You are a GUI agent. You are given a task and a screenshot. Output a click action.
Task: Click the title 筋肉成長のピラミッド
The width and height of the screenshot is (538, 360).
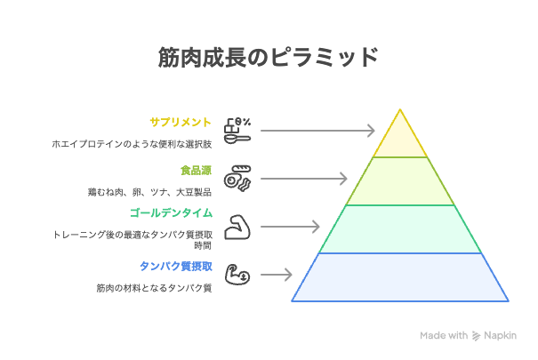(x=268, y=57)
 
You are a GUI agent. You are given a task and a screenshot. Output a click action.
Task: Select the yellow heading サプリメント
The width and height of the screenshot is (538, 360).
(x=181, y=122)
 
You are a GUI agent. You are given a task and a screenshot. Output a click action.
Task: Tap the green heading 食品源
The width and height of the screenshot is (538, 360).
(x=196, y=171)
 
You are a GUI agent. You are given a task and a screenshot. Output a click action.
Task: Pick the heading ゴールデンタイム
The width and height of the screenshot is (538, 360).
(x=171, y=213)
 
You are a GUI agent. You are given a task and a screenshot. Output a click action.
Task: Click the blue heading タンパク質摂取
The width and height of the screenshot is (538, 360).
(x=176, y=266)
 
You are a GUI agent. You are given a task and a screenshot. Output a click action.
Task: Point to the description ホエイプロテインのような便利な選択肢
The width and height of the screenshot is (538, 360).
(x=132, y=144)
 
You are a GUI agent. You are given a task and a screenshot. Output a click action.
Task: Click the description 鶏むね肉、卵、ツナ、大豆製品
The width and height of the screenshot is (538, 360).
(x=149, y=192)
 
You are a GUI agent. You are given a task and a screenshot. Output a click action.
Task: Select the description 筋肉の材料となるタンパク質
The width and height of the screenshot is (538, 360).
(x=154, y=288)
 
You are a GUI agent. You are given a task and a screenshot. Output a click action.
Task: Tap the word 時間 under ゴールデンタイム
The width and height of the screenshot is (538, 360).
(x=203, y=245)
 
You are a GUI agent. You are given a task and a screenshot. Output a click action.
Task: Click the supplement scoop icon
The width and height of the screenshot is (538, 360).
(x=237, y=131)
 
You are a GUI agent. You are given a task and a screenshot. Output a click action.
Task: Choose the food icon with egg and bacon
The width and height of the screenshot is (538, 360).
(x=237, y=179)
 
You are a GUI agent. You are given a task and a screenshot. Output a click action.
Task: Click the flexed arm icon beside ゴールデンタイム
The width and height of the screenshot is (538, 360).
(x=237, y=227)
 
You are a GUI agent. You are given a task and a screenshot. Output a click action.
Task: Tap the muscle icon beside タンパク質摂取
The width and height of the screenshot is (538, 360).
(x=237, y=275)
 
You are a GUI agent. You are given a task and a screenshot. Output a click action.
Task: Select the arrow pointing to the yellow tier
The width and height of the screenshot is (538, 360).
(x=317, y=131)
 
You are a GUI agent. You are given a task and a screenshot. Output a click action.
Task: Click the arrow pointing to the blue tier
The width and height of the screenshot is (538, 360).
(x=277, y=275)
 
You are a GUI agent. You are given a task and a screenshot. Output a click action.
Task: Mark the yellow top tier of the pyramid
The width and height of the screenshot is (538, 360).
(x=400, y=140)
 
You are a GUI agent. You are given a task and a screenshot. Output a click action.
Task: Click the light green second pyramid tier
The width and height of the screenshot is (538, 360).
(x=400, y=181)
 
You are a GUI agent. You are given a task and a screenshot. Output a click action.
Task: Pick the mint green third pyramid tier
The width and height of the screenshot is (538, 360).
(x=400, y=229)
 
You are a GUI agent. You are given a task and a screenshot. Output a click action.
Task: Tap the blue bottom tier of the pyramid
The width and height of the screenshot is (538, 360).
(x=400, y=277)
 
